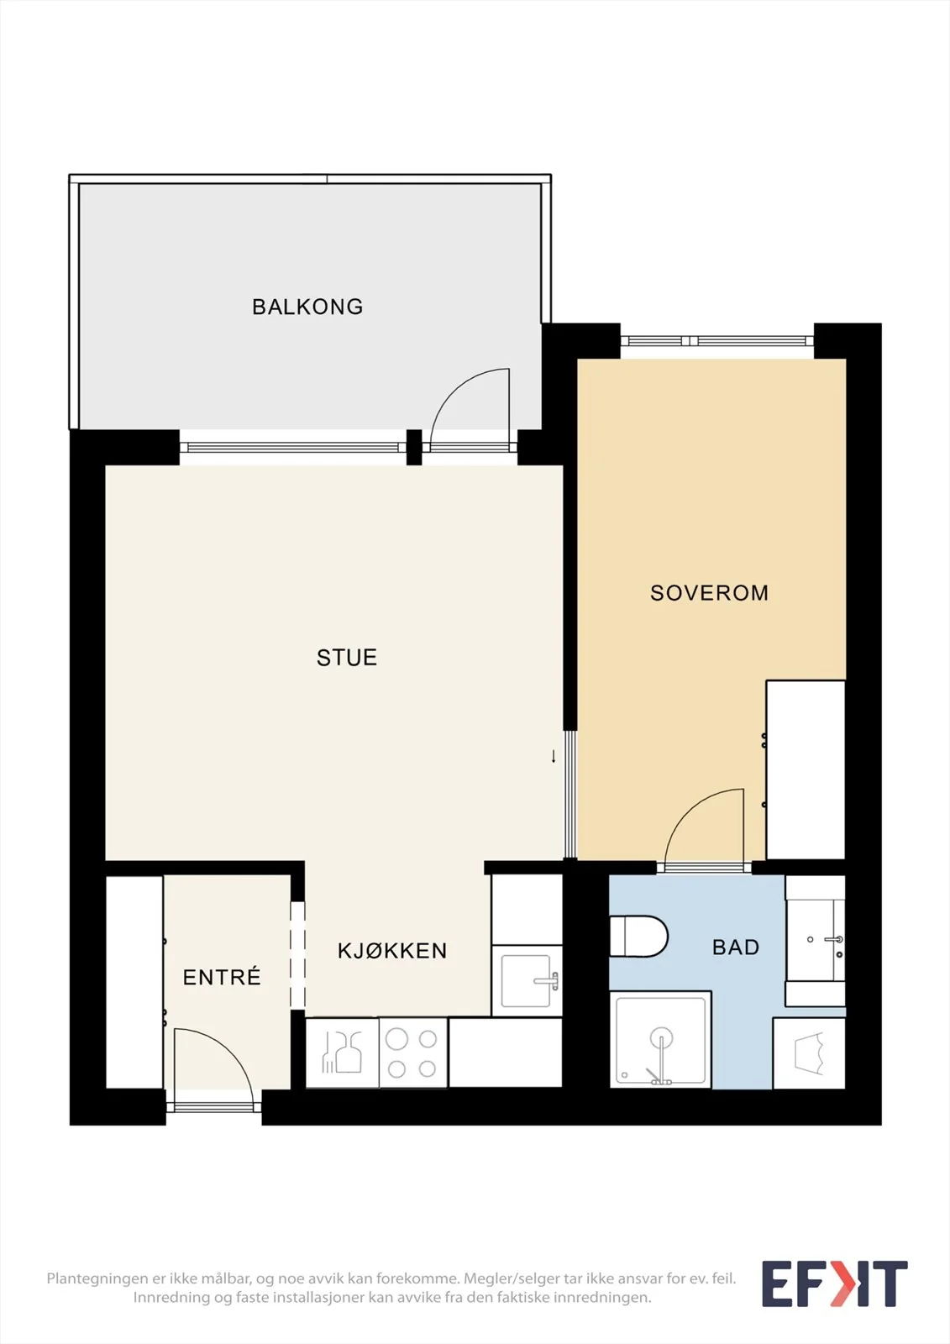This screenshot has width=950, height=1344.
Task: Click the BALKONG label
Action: (307, 307)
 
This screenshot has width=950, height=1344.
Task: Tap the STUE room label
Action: (347, 658)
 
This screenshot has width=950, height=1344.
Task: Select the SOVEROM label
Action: (709, 593)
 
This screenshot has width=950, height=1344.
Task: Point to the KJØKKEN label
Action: (392, 950)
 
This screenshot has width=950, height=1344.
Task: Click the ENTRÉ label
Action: (222, 977)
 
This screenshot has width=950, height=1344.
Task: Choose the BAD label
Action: (736, 947)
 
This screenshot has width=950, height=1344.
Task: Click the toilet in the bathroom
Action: (638, 936)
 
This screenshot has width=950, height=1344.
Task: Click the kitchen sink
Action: (527, 981)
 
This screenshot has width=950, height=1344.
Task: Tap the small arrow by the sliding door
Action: (554, 756)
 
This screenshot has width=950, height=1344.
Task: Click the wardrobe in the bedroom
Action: (806, 769)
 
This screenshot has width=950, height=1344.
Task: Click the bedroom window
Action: (717, 341)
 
